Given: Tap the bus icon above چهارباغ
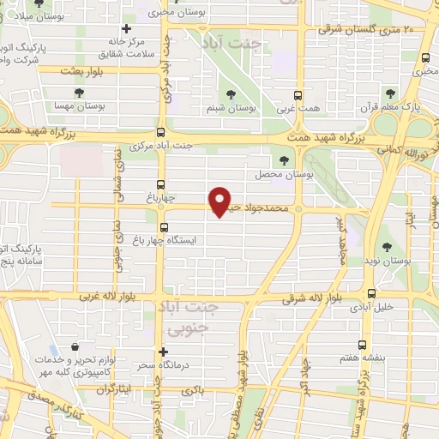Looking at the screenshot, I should [160, 183].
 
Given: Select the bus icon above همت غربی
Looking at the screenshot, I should [298, 96].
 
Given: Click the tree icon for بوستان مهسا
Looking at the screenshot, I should [79, 91].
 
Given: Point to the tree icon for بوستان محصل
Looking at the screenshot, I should [286, 159].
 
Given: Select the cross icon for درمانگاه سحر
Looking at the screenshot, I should [163, 351].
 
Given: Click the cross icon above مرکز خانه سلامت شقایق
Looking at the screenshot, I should [126, 29].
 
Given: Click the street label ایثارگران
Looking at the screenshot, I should [115, 389].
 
